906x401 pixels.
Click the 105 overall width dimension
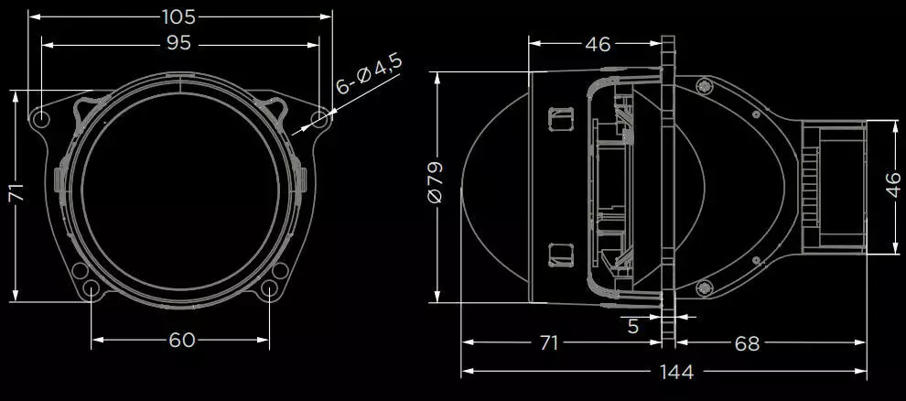178,17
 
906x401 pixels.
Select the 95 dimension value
178,44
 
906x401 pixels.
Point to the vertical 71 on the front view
17,193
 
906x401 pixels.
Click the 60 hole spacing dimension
181,340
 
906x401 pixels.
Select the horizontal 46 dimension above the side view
598,44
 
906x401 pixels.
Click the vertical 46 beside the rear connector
892,186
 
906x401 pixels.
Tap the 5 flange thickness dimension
633,327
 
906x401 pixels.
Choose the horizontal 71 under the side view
548,342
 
